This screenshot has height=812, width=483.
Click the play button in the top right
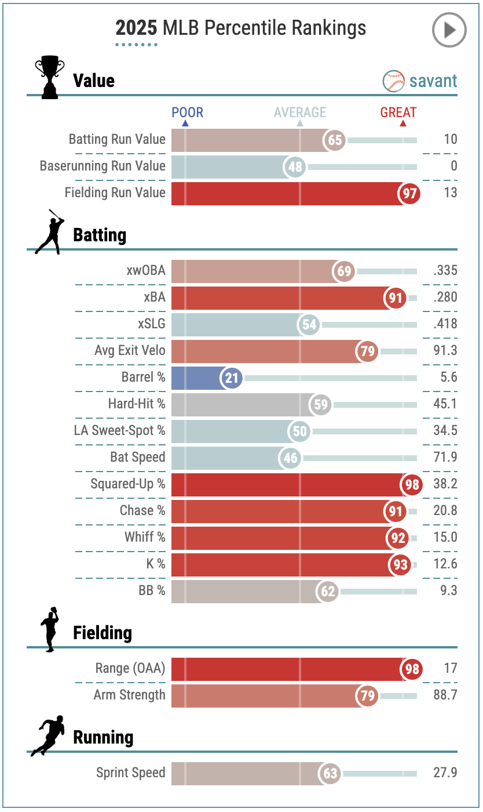coord(449,30)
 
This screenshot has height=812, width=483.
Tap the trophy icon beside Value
coord(49,77)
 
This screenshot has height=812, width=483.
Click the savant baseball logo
coord(393,81)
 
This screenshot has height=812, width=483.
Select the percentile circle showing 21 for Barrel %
coord(232,378)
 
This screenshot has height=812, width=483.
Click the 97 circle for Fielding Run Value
coord(409,194)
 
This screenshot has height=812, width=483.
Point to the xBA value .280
coord(445,298)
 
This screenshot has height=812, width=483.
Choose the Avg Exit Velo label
coord(130,351)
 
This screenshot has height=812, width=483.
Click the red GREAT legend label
coord(398,113)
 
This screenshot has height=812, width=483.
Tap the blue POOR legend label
coord(187,113)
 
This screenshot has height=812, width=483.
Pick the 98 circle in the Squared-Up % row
coord(412,485)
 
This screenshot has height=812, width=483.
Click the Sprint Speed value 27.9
coord(445,773)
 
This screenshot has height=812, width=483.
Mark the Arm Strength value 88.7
coord(445,695)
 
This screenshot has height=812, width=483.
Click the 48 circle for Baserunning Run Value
coord(295,167)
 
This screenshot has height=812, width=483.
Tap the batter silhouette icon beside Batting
coord(49,232)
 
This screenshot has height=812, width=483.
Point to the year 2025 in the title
coord(136,28)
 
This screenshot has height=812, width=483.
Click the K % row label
coord(155,564)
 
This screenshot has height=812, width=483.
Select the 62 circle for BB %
coord(328,592)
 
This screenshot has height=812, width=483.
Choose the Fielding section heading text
coord(103,633)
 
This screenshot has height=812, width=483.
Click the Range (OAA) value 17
coord(451,669)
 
